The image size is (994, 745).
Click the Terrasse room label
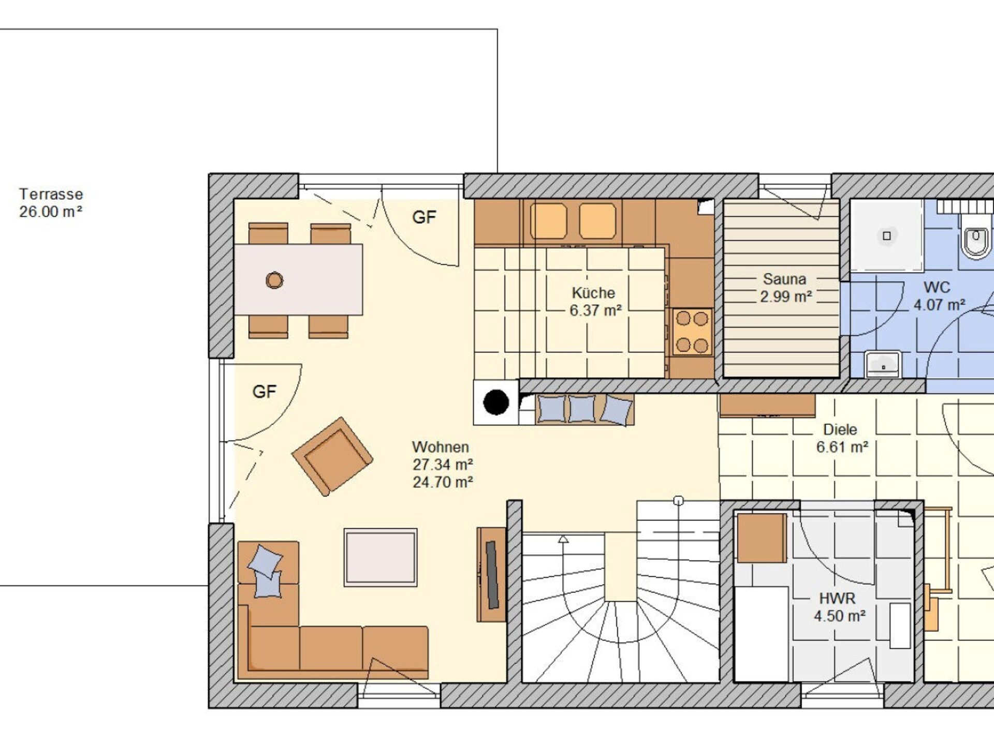tap(51, 194)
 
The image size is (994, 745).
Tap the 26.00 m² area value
tap(51, 212)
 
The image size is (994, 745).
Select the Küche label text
tap(593, 293)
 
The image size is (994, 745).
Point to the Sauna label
tap(784, 279)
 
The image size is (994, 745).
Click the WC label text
tap(937, 287)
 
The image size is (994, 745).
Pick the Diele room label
tap(840, 429)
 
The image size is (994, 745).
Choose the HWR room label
tap(837, 599)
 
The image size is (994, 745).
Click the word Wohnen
tap(441, 447)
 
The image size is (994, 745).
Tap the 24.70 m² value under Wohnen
tap(443, 482)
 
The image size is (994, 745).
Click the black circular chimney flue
tap(496, 403)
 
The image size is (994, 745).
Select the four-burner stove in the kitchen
tap(692, 332)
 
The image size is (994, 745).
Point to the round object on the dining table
tap(274, 280)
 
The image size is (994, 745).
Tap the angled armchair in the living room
tap(332, 456)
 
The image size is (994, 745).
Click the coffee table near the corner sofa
tap(381, 557)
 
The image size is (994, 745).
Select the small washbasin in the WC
tap(883, 364)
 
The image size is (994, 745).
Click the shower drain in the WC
tap(887, 236)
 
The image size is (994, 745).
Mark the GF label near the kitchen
tap(424, 217)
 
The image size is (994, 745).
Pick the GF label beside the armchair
tap(264, 392)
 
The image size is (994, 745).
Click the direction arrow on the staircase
tap(563, 539)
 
